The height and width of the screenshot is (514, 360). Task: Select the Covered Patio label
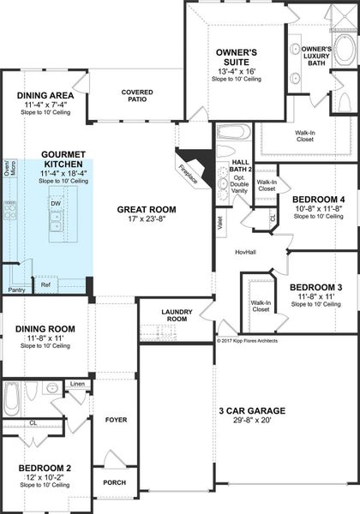[137, 95]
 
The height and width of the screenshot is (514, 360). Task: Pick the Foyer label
[116, 420]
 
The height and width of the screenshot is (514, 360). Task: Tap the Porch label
[116, 481]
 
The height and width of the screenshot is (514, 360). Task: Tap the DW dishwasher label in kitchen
[55, 203]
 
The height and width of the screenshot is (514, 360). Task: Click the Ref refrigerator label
[46, 284]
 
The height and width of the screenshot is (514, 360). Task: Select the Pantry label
[16, 290]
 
